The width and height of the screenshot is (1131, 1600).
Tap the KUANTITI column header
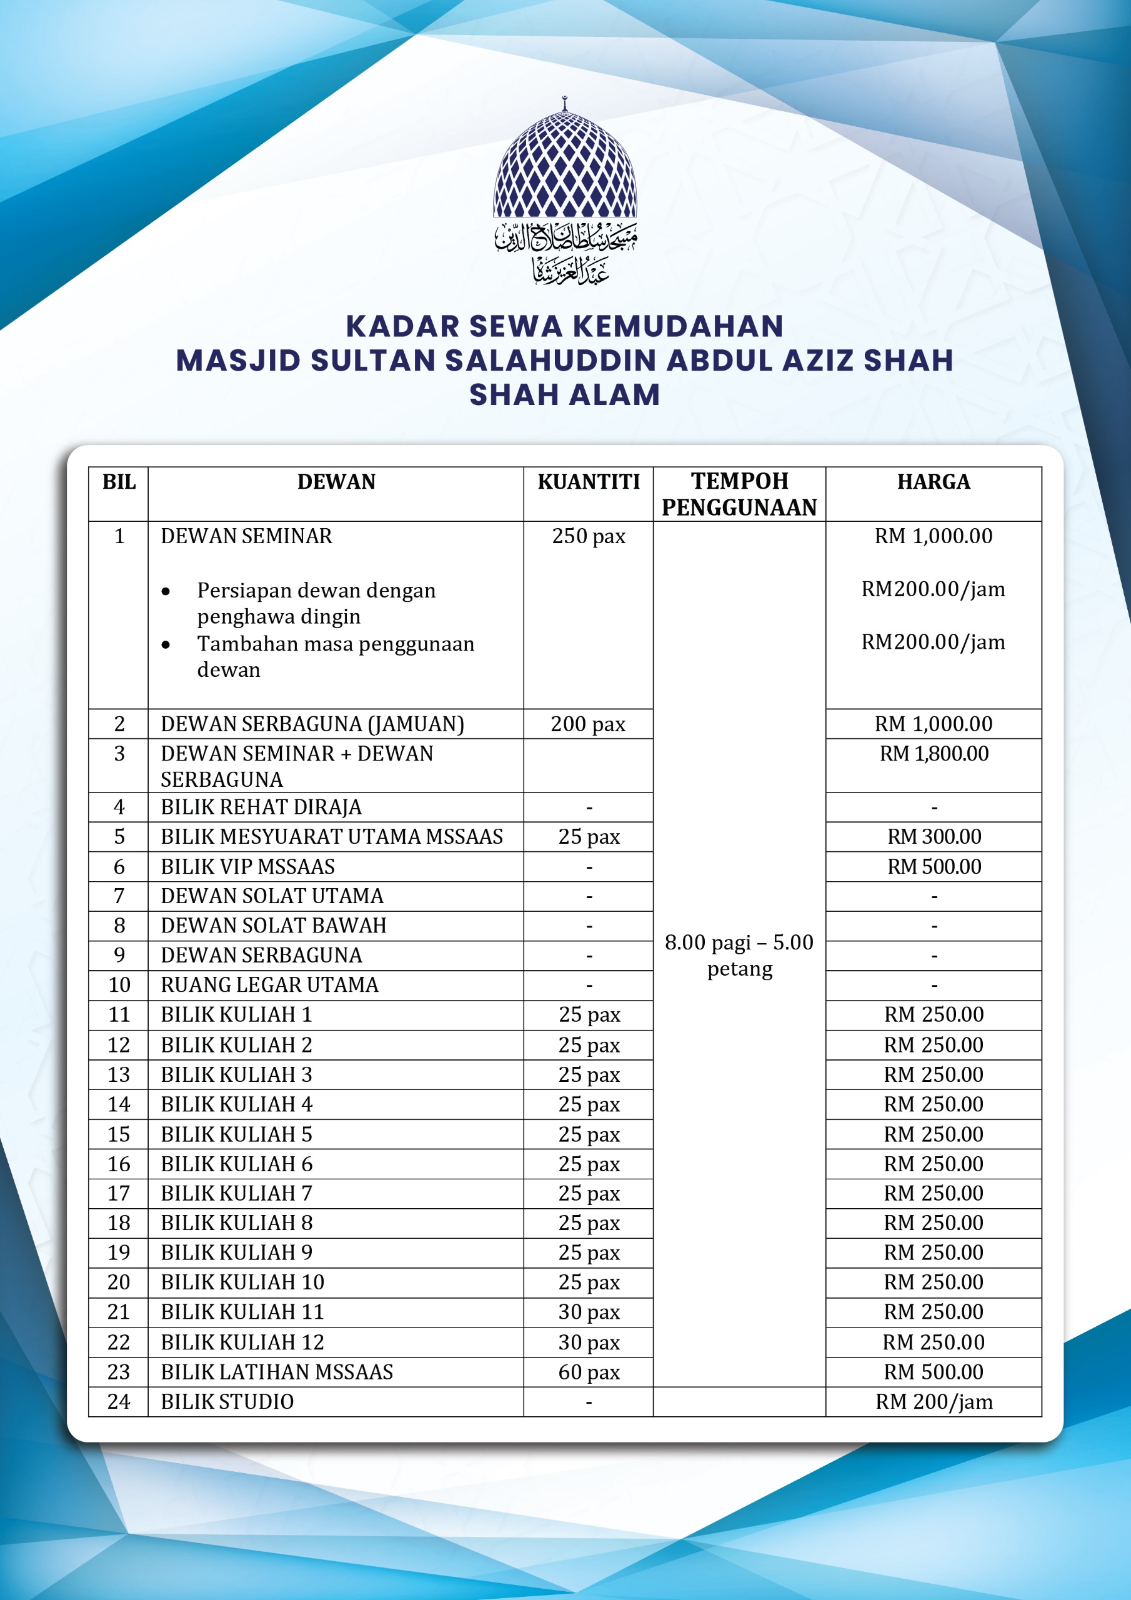click(588, 481)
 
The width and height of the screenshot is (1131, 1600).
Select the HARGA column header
click(933, 481)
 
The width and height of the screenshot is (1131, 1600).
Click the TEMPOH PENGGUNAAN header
click(739, 494)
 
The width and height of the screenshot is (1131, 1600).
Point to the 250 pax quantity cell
click(588, 536)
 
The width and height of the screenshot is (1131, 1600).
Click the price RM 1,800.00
click(933, 753)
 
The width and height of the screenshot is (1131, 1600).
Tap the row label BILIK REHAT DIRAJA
click(261, 807)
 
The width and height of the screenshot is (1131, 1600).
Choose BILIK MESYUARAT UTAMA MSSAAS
click(332, 836)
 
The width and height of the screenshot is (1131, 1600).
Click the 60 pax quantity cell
click(588, 1371)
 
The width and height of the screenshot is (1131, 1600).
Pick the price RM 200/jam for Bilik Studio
click(933, 1401)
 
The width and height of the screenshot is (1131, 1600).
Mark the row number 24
click(119, 1401)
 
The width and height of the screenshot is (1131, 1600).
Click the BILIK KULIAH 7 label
click(236, 1193)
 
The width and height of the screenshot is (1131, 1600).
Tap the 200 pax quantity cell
click(588, 724)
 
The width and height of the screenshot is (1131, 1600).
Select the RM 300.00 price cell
click(933, 836)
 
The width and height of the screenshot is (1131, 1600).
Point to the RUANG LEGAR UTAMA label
click(270, 984)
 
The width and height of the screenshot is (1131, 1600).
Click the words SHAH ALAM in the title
click(564, 394)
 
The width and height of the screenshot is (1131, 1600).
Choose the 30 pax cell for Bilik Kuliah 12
click(588, 1342)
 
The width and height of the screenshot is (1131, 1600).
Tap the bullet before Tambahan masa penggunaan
click(166, 644)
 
